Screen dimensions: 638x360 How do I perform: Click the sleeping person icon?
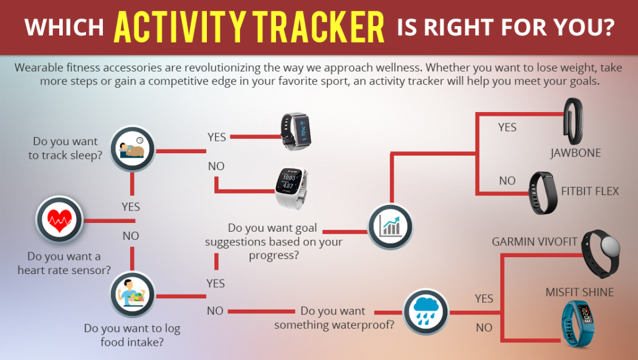coord(132,149)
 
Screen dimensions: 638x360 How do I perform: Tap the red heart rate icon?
coord(59,219)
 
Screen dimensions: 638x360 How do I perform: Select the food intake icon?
coord(132,295)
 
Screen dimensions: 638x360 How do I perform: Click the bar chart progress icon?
coord(390,227)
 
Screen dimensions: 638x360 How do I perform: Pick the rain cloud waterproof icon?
coord(426,312)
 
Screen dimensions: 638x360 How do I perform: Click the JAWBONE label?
coord(575,153)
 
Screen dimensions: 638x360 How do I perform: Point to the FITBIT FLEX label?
coord(590,191)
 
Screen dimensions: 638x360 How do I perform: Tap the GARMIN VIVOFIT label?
coord(534,242)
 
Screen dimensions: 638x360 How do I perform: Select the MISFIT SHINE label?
coord(579,292)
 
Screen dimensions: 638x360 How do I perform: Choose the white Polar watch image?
coord(291,187)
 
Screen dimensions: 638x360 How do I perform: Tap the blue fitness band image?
coord(577,323)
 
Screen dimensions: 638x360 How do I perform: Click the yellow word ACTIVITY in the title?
coord(180,27)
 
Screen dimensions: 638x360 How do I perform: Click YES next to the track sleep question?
coord(216,138)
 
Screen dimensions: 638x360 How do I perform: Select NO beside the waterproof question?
coord(484,328)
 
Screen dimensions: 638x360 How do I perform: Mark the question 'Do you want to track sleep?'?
coord(65,148)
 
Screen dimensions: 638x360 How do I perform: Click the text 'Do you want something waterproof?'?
coord(334,318)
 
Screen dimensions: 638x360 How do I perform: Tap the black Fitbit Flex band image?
coord(543,193)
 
